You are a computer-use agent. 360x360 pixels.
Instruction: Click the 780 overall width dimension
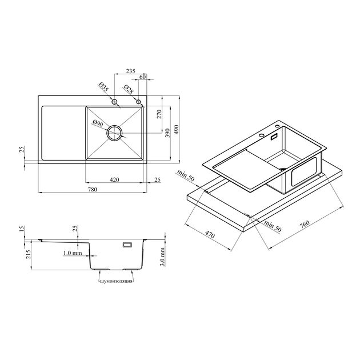(93, 189)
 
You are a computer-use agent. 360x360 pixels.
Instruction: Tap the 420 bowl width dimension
(114, 179)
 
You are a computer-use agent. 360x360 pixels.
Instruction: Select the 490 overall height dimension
(176, 130)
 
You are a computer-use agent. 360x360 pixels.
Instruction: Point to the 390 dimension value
(167, 133)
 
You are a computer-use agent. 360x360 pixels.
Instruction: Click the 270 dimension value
(159, 114)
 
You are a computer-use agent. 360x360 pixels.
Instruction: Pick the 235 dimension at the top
(131, 71)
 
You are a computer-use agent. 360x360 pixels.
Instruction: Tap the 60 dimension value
(143, 77)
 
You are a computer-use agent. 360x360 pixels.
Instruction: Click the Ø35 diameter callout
(104, 87)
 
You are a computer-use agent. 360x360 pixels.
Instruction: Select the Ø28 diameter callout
(129, 89)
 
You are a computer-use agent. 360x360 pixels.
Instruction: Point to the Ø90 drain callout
(98, 123)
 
